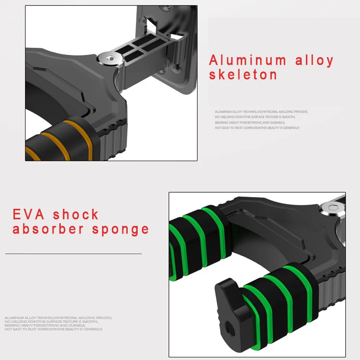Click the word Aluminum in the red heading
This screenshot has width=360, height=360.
[x=247, y=60]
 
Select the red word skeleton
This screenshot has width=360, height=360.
[x=243, y=75]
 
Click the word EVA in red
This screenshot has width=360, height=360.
[x=29, y=214]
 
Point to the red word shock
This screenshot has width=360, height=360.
[x=76, y=214]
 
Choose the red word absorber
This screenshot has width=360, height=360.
[x=48, y=229]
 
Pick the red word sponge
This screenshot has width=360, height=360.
[x=120, y=229]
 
